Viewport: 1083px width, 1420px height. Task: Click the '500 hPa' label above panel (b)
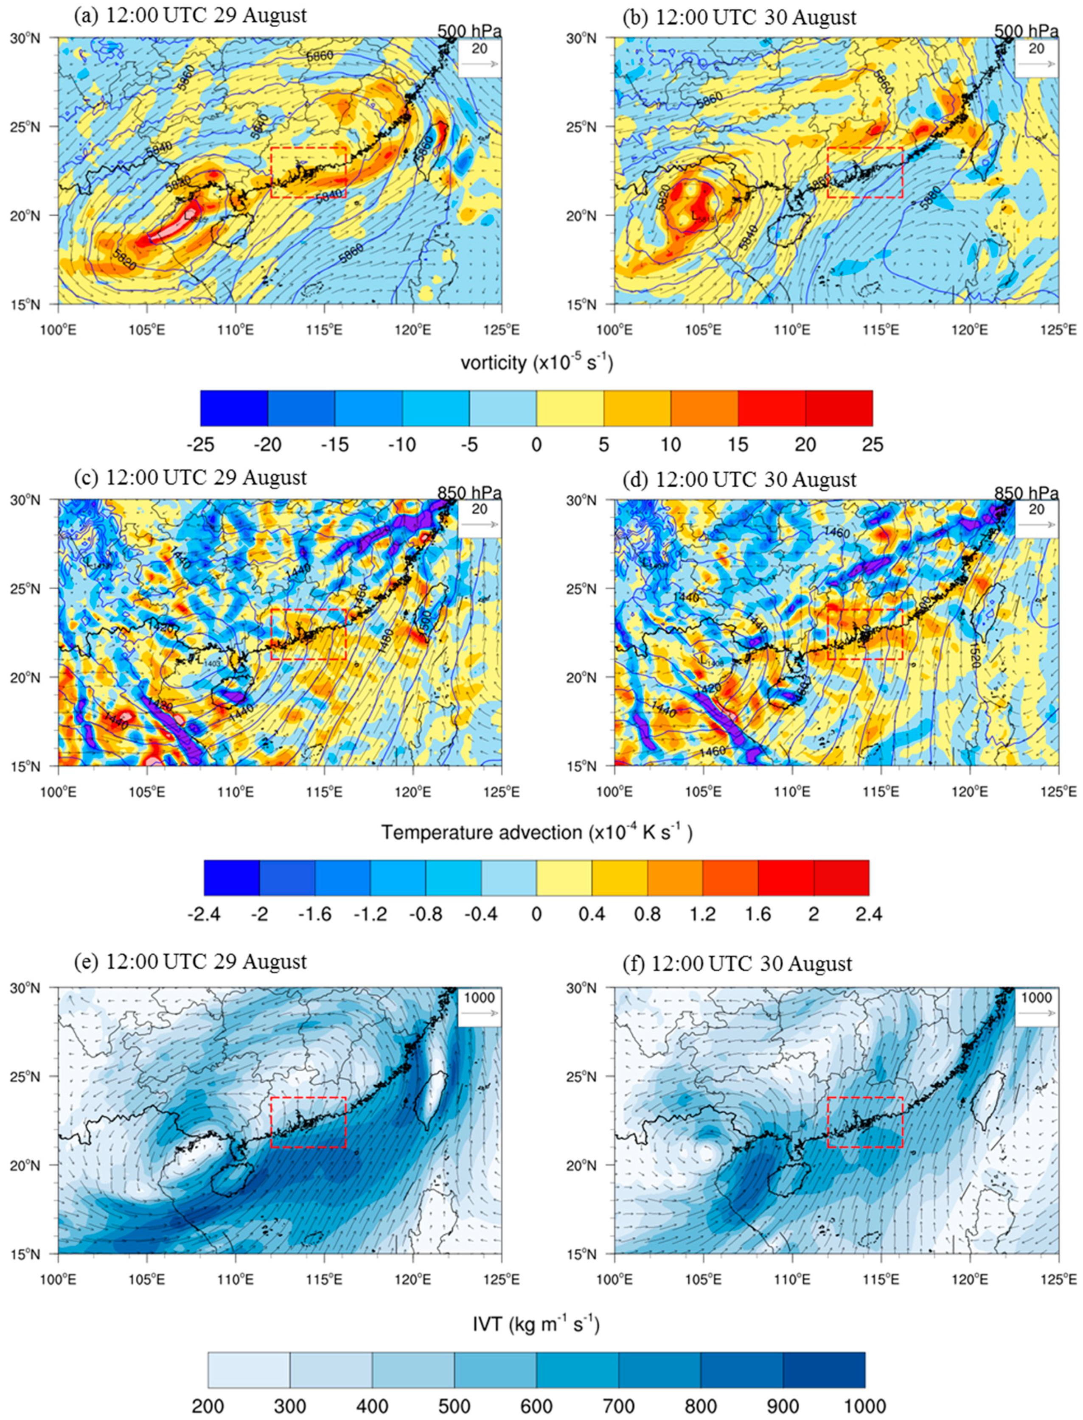[x=1026, y=31]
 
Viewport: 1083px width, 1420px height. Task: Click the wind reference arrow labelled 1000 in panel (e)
[x=480, y=1012]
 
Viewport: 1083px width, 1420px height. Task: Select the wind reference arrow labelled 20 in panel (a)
[x=480, y=64]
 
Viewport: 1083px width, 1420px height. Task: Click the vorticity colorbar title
[x=536, y=363]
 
